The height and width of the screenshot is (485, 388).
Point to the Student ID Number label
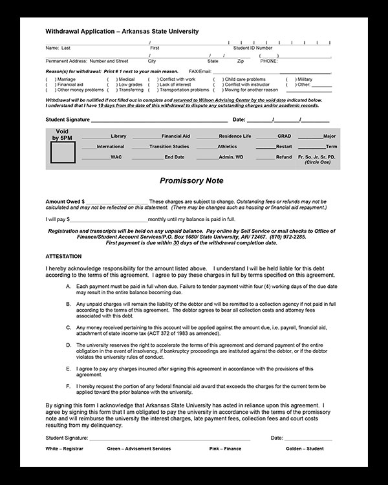point(253,48)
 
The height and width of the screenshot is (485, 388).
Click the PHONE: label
point(269,60)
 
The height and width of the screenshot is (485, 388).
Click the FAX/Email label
point(200,71)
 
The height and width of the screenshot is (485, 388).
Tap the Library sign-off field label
point(118,136)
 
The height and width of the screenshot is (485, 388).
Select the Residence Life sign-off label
point(235,136)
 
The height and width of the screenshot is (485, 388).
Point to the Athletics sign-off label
point(228,147)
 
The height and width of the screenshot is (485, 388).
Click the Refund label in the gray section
point(284,157)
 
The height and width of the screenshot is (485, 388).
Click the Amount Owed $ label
point(65,202)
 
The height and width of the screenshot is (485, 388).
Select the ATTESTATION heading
point(64,256)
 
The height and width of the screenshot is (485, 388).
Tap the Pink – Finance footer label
point(225,447)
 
